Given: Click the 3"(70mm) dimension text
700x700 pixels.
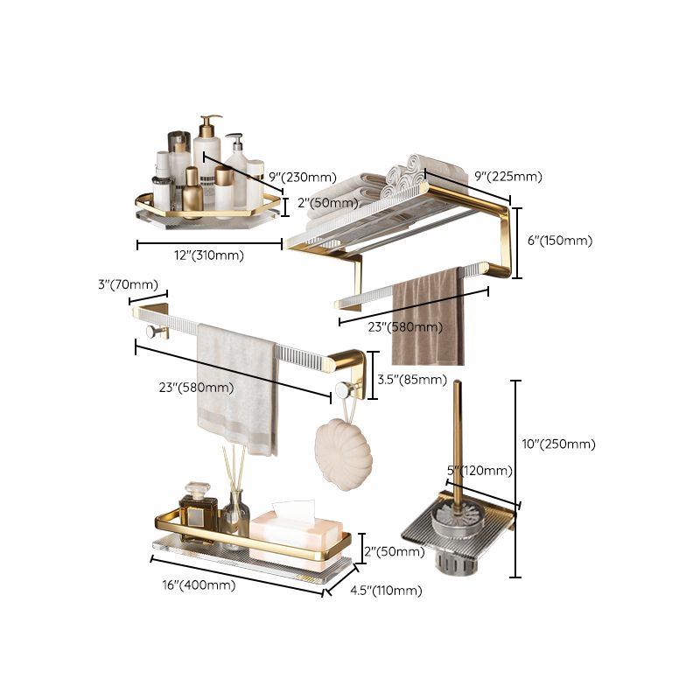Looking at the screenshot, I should pyautogui.click(x=128, y=284).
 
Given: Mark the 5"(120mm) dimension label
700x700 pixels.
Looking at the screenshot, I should pyautogui.click(x=479, y=471).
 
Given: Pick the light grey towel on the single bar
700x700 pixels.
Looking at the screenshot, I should pyautogui.click(x=238, y=385).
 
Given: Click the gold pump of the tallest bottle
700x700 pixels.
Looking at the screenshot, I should pyautogui.click(x=210, y=121).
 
